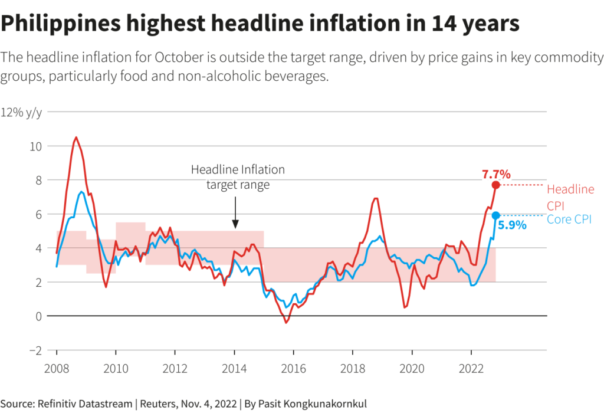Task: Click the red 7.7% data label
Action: point(496,175)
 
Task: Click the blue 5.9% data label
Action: point(511,225)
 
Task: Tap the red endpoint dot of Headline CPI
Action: point(496,185)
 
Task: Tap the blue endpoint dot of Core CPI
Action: point(496,215)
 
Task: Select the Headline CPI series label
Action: point(570,196)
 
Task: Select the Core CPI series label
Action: point(569,219)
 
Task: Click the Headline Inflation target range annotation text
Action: point(238,177)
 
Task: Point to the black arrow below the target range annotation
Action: point(235,214)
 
